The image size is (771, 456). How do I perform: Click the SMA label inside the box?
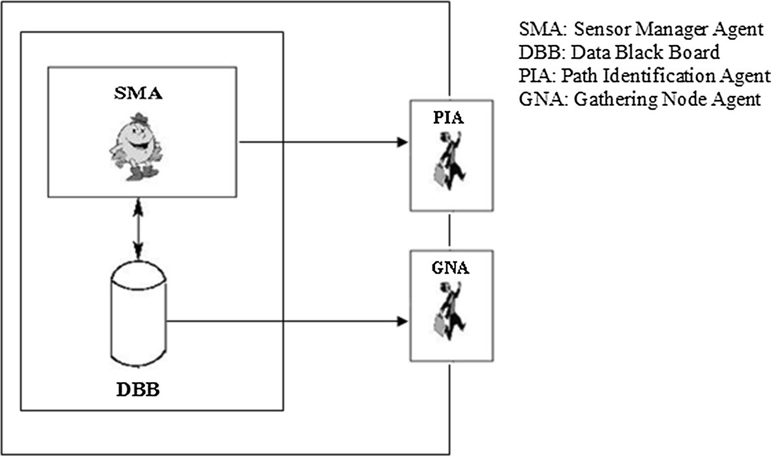[x=136, y=93]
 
